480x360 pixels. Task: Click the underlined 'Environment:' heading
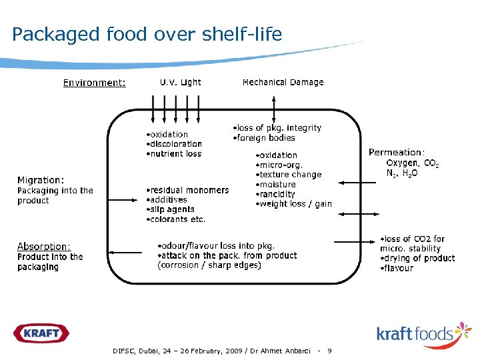coord(94,83)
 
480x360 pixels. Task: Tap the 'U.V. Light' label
coord(180,82)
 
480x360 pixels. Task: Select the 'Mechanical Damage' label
coord(283,82)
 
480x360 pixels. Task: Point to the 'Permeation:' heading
coord(397,152)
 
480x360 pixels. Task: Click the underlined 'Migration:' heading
coord(41,180)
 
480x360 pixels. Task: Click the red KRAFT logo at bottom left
coord(41,332)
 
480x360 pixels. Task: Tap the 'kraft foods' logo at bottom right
coord(423,333)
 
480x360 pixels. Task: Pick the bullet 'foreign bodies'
coord(264,137)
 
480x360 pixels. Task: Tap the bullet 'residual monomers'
coord(188,190)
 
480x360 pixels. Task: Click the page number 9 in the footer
coord(329,350)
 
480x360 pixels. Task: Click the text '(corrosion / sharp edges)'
coord(209,265)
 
